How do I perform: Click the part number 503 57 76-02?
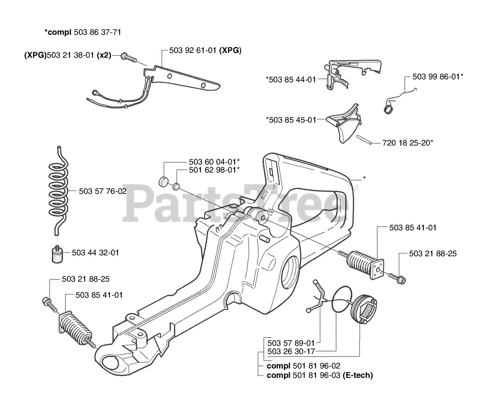[x=103, y=191]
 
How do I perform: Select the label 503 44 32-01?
[x=95, y=253]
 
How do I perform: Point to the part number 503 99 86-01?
[x=437, y=77]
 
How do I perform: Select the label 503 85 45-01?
[x=290, y=120]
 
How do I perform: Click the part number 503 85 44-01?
[x=290, y=79]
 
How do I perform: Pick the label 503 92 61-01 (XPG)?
[x=205, y=50]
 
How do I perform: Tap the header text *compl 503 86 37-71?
[x=82, y=33]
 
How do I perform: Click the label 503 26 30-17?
[x=291, y=351]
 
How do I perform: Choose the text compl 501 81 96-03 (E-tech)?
[x=319, y=375]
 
